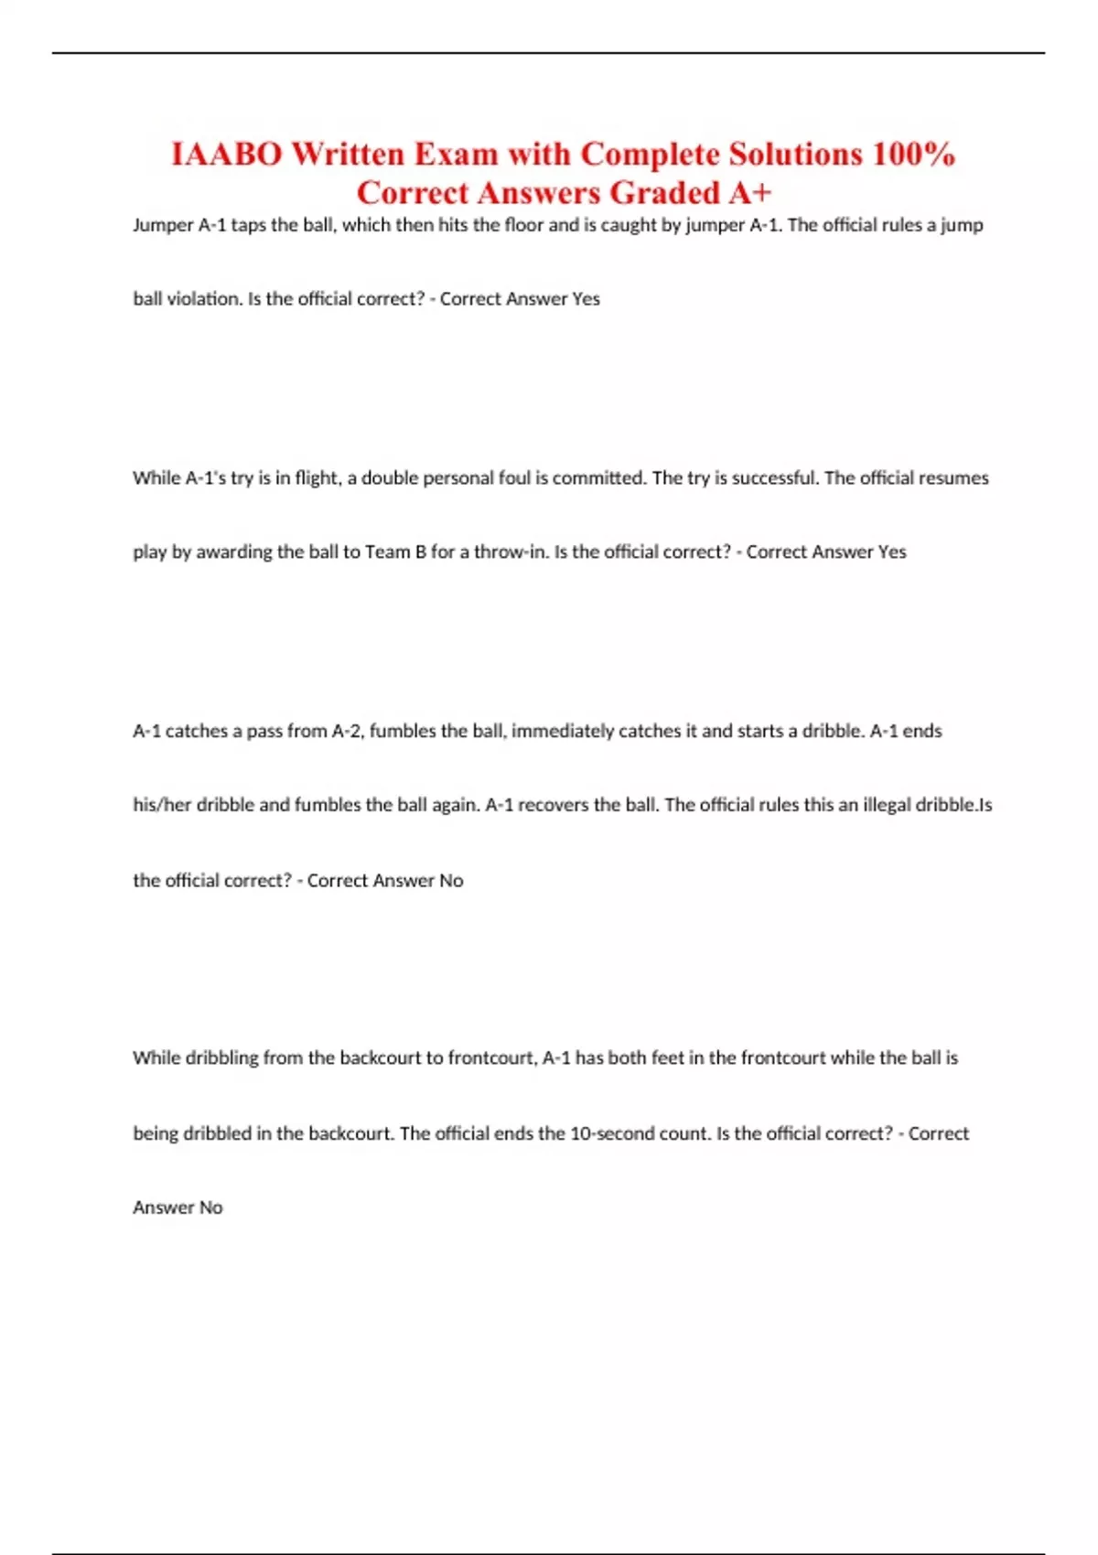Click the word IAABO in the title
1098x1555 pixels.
coord(226,154)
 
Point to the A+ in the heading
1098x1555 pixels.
coord(750,193)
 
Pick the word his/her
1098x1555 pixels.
coord(162,806)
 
